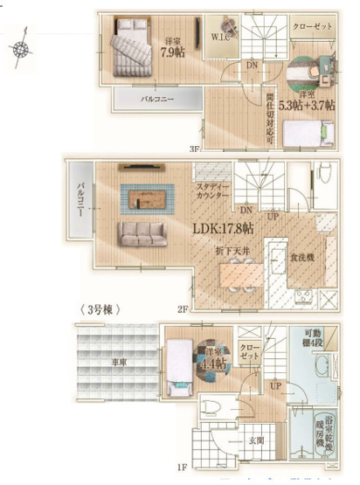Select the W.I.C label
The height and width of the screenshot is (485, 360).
222,37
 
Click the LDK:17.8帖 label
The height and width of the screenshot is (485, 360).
223,228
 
